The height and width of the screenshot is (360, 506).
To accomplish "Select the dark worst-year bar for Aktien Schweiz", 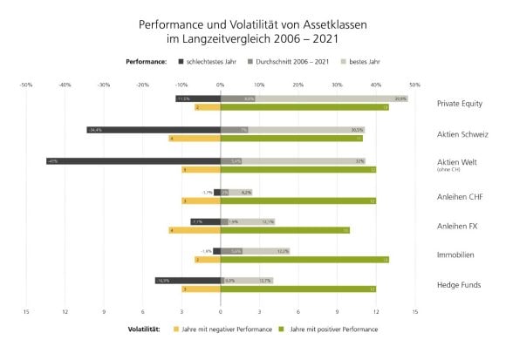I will click(x=153, y=130).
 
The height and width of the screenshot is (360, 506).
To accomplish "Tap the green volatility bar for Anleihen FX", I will click(x=284, y=230).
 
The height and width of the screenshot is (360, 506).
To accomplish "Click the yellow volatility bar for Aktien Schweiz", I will click(x=195, y=139).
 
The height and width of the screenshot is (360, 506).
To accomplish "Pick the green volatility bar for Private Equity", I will click(x=304, y=108).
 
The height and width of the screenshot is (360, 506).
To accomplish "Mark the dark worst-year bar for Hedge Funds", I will click(x=188, y=281).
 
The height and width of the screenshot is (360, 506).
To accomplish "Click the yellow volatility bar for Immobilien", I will click(x=208, y=260).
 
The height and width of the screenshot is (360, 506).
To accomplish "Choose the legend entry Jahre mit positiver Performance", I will click(x=331, y=329).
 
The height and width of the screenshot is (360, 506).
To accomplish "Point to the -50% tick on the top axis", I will click(x=26, y=85).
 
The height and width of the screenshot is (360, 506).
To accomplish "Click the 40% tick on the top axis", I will click(x=376, y=85).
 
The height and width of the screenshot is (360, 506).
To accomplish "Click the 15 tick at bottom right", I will click(x=414, y=310).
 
